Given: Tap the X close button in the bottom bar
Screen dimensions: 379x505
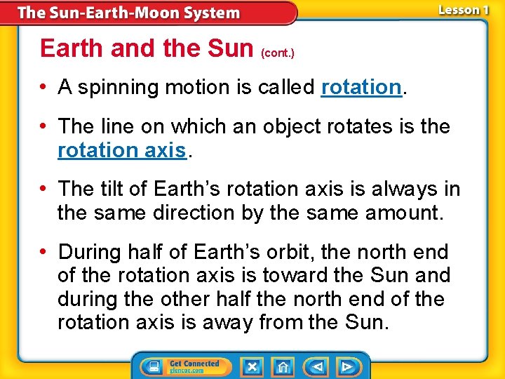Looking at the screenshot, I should pos(252,367).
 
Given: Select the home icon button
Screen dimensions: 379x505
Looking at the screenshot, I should pos(283,367).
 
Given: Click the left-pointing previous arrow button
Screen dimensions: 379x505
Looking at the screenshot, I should pos(318,367).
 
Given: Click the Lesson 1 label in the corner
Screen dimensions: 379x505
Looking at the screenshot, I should pos(463,10).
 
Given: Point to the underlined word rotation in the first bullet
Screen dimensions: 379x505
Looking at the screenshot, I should pos(361,87).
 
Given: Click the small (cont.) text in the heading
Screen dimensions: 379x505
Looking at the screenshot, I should pos(278,53).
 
